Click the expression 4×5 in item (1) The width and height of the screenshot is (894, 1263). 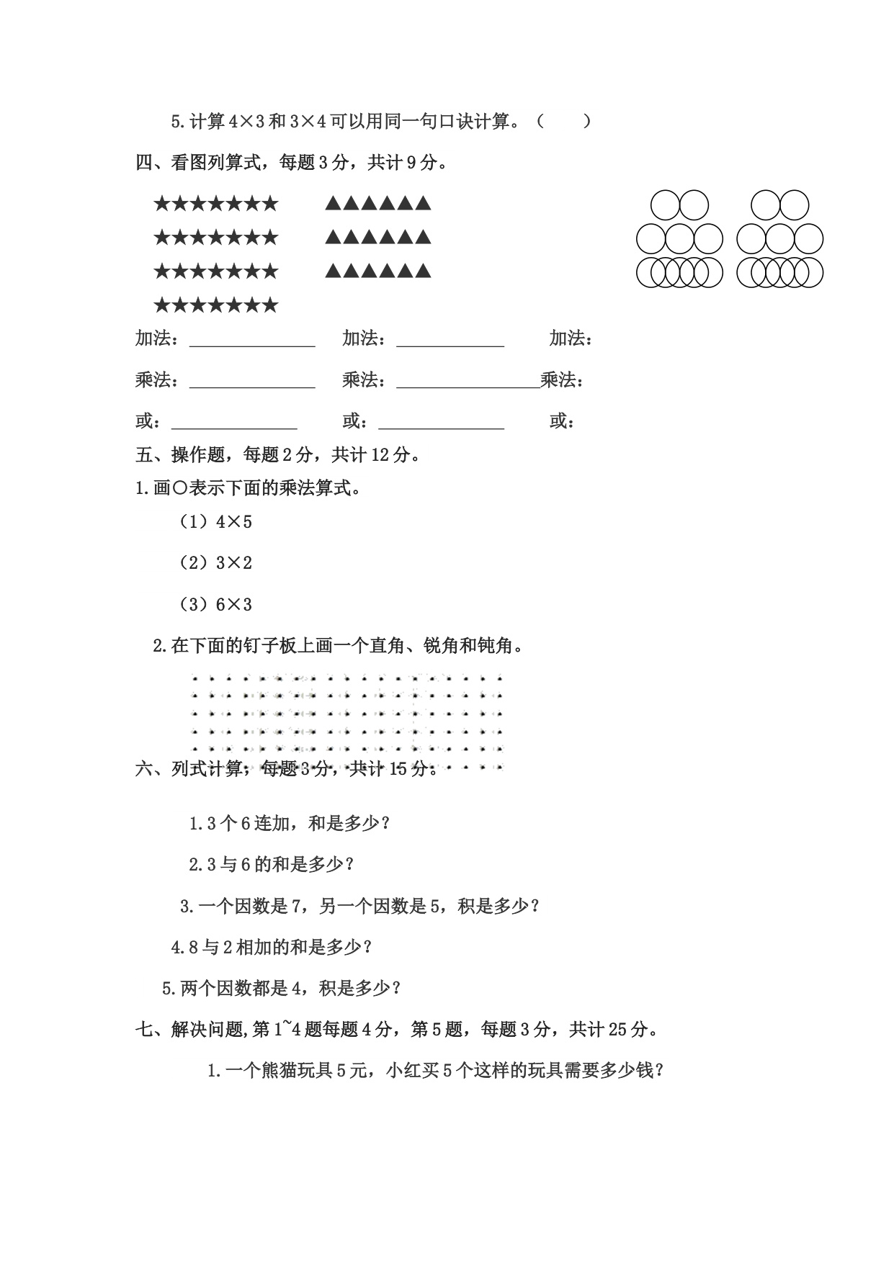(x=234, y=522)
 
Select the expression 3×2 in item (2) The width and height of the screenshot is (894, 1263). (x=234, y=563)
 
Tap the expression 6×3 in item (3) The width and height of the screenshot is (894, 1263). (x=234, y=605)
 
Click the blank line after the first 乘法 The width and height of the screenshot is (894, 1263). (x=252, y=381)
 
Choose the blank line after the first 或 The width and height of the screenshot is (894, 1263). (x=234, y=422)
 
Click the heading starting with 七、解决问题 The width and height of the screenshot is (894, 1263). (x=396, y=1030)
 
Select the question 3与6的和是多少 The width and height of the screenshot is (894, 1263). (x=272, y=864)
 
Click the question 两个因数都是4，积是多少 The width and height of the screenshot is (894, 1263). (x=281, y=989)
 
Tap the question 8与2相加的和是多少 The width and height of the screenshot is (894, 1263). (x=272, y=947)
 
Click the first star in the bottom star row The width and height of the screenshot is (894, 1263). (x=161, y=306)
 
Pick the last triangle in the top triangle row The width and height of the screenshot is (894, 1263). (x=424, y=204)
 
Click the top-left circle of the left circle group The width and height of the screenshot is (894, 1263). (x=665, y=204)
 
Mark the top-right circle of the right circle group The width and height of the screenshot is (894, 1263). (x=795, y=204)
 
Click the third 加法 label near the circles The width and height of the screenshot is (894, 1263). (x=571, y=338)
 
